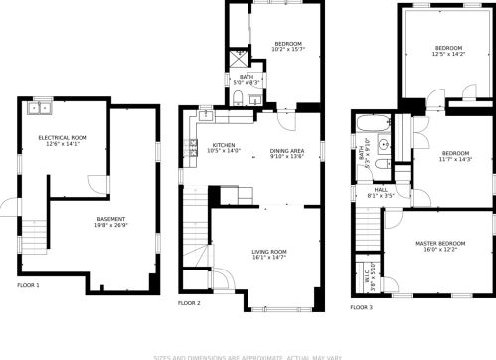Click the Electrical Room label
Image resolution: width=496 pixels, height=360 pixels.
(63, 137)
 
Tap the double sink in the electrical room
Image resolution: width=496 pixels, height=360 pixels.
(41, 107)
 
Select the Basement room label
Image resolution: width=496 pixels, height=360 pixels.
(110, 219)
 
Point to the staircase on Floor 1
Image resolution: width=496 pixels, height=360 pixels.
(33, 235)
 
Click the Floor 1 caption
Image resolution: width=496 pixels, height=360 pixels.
(28, 285)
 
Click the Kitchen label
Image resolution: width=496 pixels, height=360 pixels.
(224, 145)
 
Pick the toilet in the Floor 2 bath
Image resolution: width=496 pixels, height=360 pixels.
(239, 97)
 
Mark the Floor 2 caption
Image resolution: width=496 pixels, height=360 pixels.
(189, 302)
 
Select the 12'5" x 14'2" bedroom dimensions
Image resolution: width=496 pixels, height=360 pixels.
(448, 56)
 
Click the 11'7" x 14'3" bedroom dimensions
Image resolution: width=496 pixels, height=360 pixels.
(457, 159)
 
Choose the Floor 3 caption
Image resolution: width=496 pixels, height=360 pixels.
(362, 307)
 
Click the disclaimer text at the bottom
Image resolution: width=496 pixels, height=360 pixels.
(248, 355)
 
